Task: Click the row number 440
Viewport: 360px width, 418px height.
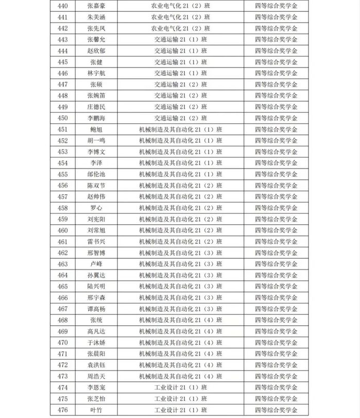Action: point(62,6)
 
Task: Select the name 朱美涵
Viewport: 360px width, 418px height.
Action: point(96,17)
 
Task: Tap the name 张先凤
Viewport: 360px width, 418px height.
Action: point(96,28)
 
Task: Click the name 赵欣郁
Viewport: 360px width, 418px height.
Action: point(96,51)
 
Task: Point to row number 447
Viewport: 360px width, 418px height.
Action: point(62,85)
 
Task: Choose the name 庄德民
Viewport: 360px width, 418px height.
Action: point(96,107)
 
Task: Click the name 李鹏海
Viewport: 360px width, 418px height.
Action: point(96,118)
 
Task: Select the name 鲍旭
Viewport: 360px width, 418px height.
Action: point(96,129)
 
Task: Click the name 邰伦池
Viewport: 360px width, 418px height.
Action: point(96,174)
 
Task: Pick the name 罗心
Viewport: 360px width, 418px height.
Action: point(96,208)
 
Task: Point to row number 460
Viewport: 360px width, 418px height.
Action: point(62,230)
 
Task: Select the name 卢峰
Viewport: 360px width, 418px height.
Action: point(96,264)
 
